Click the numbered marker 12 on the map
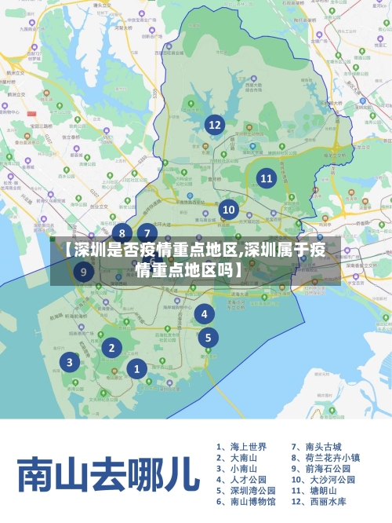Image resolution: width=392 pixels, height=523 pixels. tap(214, 124)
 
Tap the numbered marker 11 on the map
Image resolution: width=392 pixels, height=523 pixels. tap(267, 178)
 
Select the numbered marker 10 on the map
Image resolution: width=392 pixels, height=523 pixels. tap(229, 210)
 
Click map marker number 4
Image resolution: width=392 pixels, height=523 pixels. tap(205, 314)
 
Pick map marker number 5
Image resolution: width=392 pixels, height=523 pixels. tap(208, 338)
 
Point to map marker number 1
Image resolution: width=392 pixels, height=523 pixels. tap(137, 368)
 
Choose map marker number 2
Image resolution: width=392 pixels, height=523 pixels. tap(112, 347)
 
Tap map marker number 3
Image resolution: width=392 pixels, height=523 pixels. tap(70, 362)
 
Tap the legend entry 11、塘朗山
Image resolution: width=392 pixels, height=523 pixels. tap(314, 490)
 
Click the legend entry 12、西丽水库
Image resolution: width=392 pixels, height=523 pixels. tap(318, 501)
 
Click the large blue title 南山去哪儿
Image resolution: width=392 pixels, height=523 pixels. tap(104, 474)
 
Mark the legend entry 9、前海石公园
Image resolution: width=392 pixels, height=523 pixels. tap(321, 468)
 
